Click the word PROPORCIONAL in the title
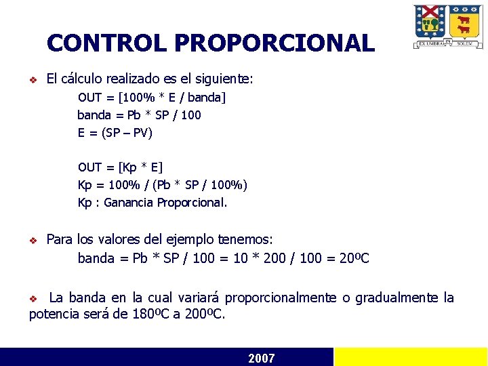274,43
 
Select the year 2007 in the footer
262,358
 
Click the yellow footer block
411,357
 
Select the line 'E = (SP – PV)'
115,132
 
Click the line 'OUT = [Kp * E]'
121,167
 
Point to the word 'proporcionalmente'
280,298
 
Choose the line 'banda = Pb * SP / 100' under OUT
139,115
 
